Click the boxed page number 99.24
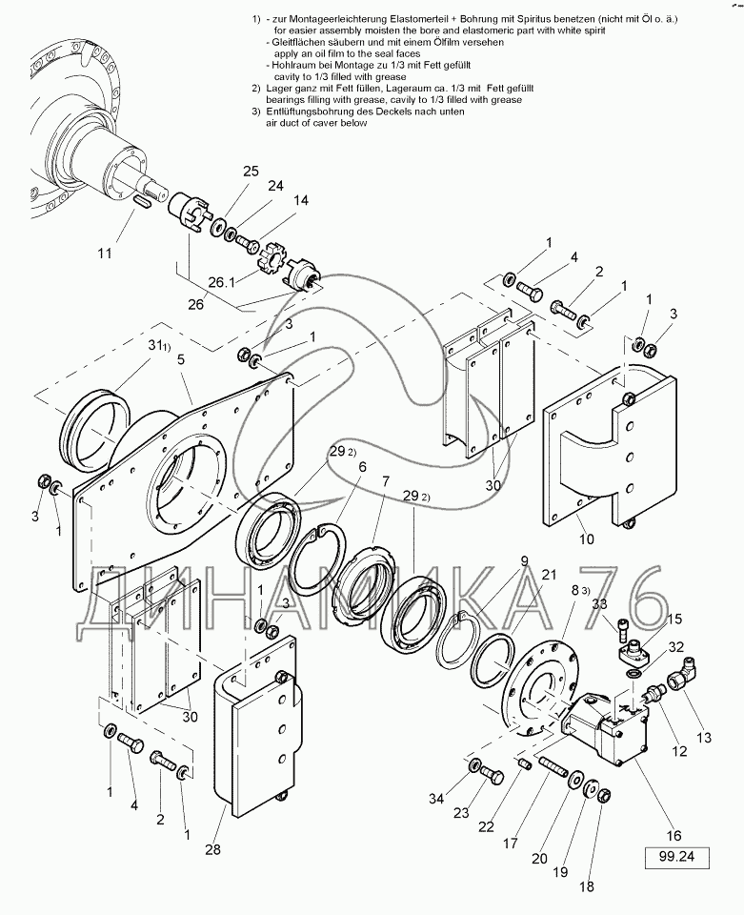pyautogui.click(x=677, y=857)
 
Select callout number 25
pyautogui.click(x=251, y=172)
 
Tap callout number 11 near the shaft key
pyautogui.click(x=105, y=254)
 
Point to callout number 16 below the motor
pyautogui.click(x=674, y=836)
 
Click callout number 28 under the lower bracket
pyautogui.click(x=212, y=849)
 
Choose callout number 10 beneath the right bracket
pyautogui.click(x=587, y=539)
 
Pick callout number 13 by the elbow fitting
pyautogui.click(x=704, y=738)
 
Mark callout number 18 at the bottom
pyautogui.click(x=587, y=886)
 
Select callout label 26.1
pyautogui.click(x=222, y=282)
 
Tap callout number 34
pyautogui.click(x=436, y=799)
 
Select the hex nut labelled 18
pyautogui.click(x=604, y=795)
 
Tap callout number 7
pyautogui.click(x=385, y=481)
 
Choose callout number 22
pyautogui.click(x=486, y=826)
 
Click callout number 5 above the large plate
pyautogui.click(x=181, y=359)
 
